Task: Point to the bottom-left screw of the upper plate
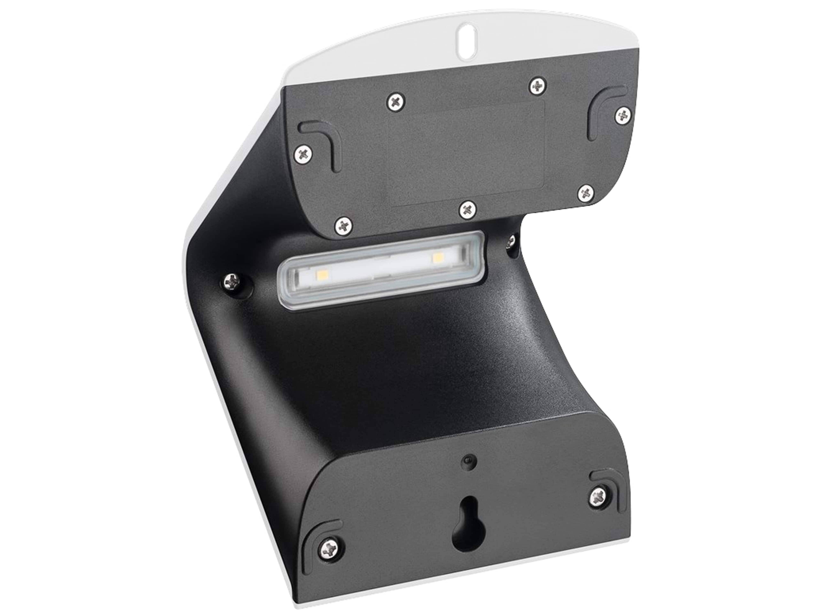(x=344, y=225)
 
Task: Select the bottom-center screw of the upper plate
(x=468, y=209)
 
